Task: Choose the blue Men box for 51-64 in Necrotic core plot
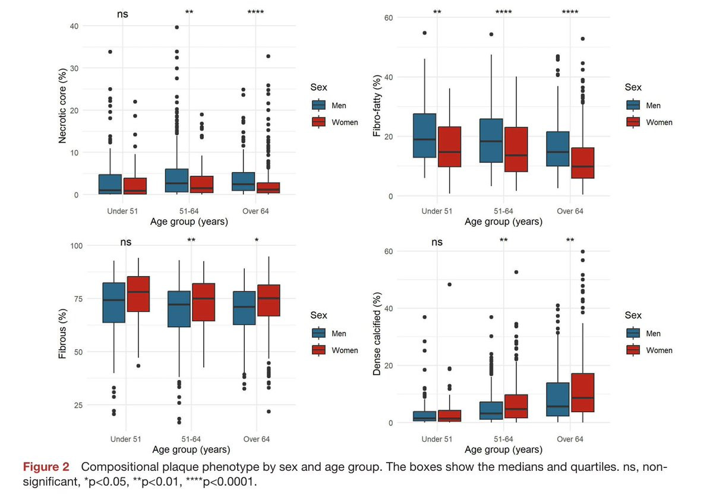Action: pyautogui.click(x=177, y=181)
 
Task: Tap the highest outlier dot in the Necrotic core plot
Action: pyautogui.click(x=177, y=27)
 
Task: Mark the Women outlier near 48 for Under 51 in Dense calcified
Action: pyautogui.click(x=449, y=284)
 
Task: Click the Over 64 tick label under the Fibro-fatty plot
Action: pyautogui.click(x=569, y=211)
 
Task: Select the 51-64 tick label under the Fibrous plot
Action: pyautogui.click(x=190, y=439)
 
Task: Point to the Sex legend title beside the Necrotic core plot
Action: pyautogui.click(x=319, y=87)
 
